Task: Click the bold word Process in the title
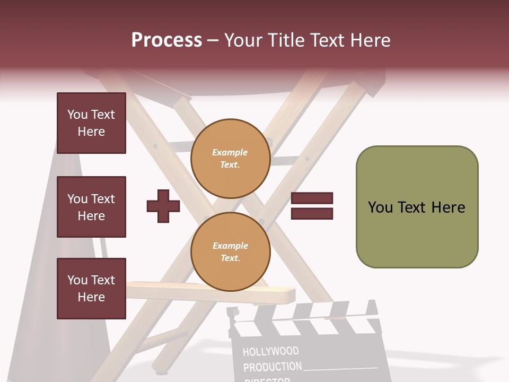(166, 40)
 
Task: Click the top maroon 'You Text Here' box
(91, 123)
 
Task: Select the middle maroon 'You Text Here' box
(91, 207)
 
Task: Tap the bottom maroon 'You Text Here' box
(91, 289)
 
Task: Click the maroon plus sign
(163, 206)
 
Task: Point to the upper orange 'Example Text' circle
(231, 159)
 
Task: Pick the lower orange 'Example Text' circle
(231, 251)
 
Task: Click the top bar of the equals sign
(312, 198)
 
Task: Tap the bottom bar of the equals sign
(312, 213)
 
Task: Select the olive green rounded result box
(417, 207)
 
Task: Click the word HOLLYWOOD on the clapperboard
(270, 351)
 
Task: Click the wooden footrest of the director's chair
(212, 292)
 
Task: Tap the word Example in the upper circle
(230, 152)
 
